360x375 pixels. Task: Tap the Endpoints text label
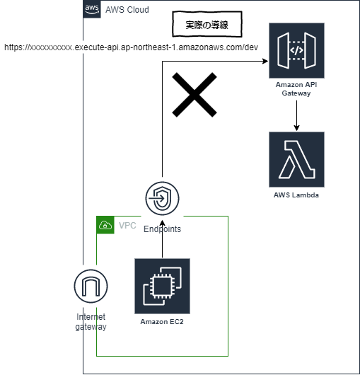pos(162,229)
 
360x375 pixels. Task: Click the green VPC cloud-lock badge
pos(105,226)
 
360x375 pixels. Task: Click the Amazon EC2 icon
pos(163,286)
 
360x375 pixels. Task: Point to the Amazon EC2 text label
pos(163,322)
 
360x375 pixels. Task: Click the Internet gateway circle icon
pos(91,287)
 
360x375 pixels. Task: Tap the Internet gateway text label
pos(91,321)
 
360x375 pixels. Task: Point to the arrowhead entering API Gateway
pos(265,62)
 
